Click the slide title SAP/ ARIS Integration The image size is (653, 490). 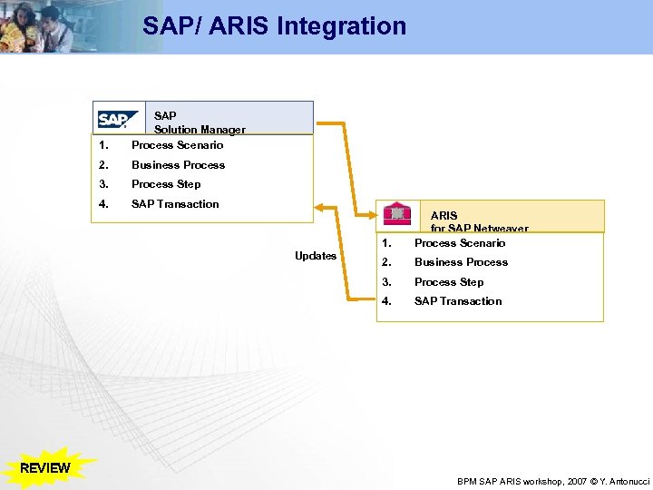[x=274, y=25]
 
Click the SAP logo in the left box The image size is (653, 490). [x=119, y=120]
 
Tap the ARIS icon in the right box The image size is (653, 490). [x=396, y=214]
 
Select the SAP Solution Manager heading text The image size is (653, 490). [x=200, y=122]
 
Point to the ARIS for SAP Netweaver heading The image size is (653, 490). [x=479, y=222]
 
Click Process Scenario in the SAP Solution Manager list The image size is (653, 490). [x=177, y=145]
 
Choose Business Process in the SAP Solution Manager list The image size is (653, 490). [x=178, y=165]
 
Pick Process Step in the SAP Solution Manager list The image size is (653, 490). [x=166, y=184]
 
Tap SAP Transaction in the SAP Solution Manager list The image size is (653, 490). [x=175, y=204]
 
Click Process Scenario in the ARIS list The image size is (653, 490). [x=460, y=243]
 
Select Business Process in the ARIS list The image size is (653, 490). [x=461, y=262]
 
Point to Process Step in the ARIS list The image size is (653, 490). [x=449, y=282]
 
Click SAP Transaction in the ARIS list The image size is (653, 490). [x=458, y=301]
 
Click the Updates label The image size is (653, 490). [x=316, y=256]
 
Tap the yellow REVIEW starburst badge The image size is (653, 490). [x=44, y=468]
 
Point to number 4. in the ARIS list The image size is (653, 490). [x=387, y=301]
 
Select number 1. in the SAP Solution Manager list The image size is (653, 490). [x=104, y=145]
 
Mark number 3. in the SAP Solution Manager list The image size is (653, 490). [x=104, y=184]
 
